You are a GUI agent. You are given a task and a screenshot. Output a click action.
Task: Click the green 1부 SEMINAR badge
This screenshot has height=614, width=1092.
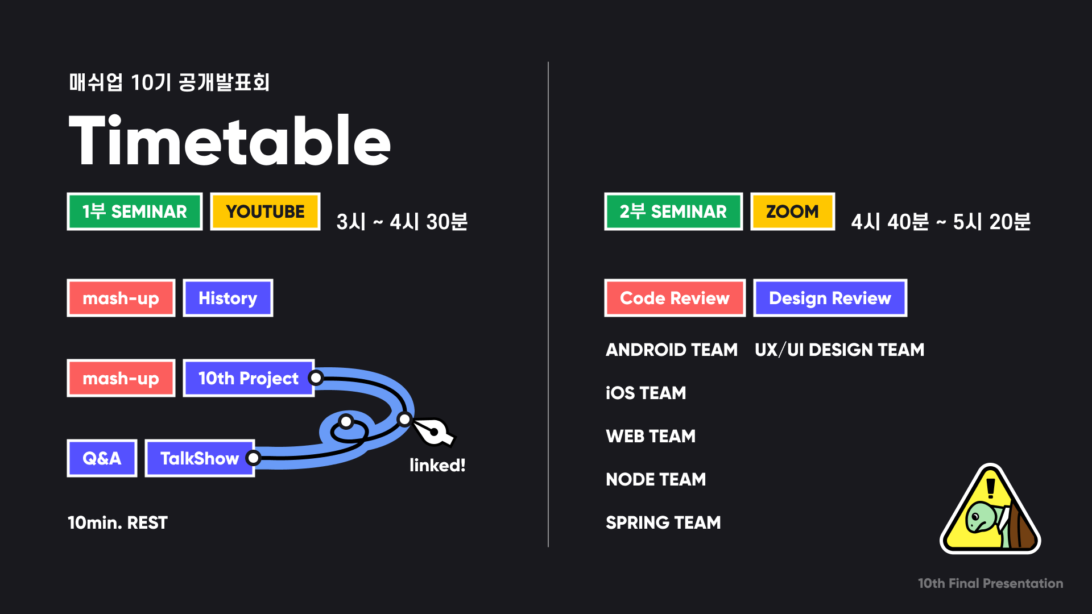point(135,211)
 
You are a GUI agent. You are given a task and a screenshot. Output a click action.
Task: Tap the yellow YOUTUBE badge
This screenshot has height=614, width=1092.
point(265,211)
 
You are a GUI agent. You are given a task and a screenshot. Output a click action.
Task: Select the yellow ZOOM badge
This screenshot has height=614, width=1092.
point(792,211)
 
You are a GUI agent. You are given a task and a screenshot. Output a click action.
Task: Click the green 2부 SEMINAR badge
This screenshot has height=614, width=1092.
point(673,211)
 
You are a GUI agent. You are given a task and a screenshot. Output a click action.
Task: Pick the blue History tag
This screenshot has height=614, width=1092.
point(227,298)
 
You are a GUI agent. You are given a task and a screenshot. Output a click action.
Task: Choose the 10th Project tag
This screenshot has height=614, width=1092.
point(248,378)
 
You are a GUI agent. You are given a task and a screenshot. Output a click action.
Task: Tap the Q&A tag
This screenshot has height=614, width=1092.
point(102,458)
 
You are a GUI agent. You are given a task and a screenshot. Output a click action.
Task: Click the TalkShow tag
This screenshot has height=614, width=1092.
point(199,458)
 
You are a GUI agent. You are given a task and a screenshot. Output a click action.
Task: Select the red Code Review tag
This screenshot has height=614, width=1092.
point(675,298)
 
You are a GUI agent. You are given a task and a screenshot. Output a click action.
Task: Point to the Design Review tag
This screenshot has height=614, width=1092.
point(830,298)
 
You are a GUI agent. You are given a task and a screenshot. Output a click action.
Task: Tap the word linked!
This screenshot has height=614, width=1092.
point(437,466)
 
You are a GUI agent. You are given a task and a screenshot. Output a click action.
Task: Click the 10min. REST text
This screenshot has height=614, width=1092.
point(118,522)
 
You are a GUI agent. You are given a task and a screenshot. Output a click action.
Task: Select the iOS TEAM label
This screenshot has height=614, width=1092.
point(646,393)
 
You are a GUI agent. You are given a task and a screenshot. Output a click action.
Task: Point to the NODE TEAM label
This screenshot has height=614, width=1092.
point(656,479)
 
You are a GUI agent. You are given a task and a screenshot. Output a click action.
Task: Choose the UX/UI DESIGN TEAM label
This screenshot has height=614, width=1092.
point(839,350)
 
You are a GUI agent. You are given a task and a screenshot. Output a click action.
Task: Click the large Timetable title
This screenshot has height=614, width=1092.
point(229,140)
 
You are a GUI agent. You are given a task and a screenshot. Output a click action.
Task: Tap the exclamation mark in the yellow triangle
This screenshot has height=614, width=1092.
point(991,488)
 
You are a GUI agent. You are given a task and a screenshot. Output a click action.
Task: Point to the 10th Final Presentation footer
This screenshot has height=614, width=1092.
point(990,583)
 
